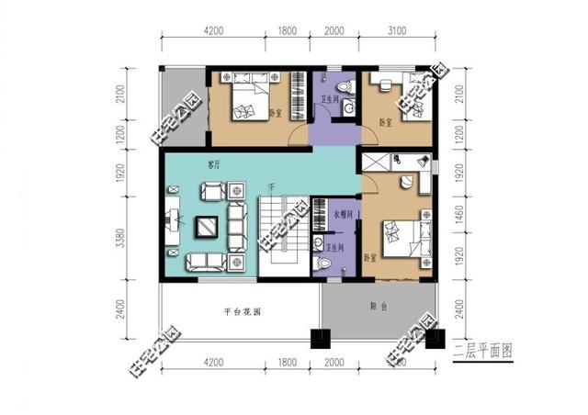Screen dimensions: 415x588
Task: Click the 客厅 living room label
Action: (214, 166)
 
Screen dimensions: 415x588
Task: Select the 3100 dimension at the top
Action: (397, 30)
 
